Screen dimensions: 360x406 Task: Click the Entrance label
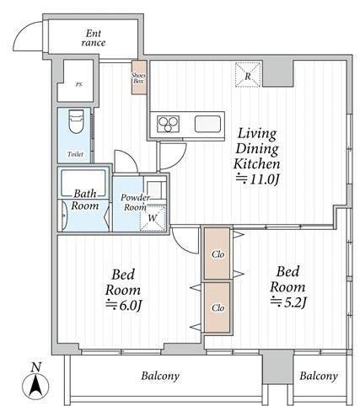pyautogui.click(x=94, y=38)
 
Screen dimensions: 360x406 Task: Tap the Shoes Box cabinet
pyautogui.click(x=139, y=77)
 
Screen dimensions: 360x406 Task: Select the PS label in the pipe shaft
pyautogui.click(x=78, y=84)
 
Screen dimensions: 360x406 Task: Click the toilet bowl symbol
pyautogui.click(x=76, y=121)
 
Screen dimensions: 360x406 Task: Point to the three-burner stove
pyautogui.click(x=168, y=124)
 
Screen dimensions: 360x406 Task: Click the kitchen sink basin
pyautogui.click(x=207, y=124)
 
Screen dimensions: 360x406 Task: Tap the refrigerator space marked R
pyautogui.click(x=248, y=75)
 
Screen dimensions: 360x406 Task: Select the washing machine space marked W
pyautogui.click(x=153, y=218)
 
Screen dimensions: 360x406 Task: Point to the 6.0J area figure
pyautogui.click(x=124, y=305)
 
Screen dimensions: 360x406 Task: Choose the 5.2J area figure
pyautogui.click(x=287, y=302)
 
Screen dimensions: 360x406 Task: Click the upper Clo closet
pyautogui.click(x=218, y=254)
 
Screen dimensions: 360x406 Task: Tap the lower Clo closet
pyautogui.click(x=218, y=307)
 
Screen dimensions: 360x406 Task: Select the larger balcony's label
pyautogui.click(x=160, y=376)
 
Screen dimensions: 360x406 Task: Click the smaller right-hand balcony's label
pyautogui.click(x=319, y=376)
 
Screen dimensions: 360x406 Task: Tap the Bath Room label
pyautogui.click(x=85, y=200)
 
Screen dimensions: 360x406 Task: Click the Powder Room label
pyautogui.click(x=135, y=202)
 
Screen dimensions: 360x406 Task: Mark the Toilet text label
pyautogui.click(x=75, y=154)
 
